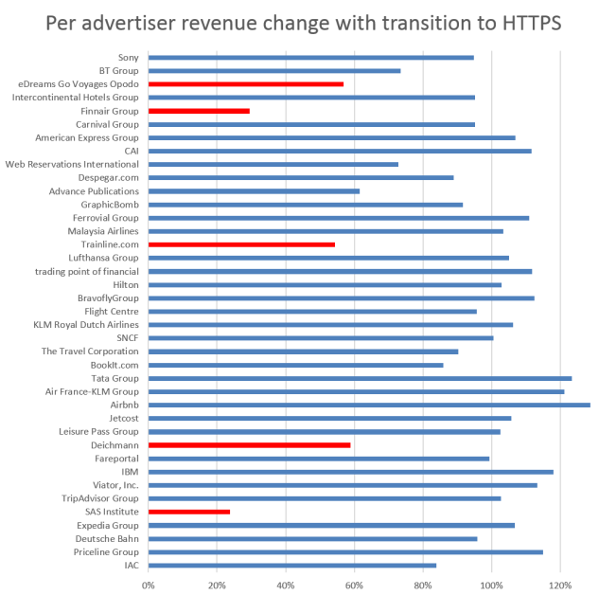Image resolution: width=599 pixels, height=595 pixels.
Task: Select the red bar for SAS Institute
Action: pyautogui.click(x=189, y=512)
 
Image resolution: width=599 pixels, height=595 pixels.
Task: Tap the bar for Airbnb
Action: pyautogui.click(x=369, y=405)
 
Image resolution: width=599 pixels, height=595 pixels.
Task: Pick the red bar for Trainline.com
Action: pyautogui.click(x=241, y=244)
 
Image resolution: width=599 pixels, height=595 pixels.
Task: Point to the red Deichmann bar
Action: pyautogui.click(x=249, y=444)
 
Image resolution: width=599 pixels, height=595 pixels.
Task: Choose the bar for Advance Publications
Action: pyautogui.click(x=254, y=191)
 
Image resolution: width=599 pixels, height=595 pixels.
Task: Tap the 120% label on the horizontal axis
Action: pyautogui.click(x=560, y=585)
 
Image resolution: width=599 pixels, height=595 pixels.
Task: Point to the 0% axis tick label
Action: pyautogui.click(x=149, y=585)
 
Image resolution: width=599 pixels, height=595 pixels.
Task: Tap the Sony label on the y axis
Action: pyautogui.click(x=128, y=58)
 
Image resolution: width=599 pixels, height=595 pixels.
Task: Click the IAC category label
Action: pyautogui.click(x=131, y=566)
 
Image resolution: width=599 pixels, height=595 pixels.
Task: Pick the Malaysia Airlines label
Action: pyautogui.click(x=103, y=231)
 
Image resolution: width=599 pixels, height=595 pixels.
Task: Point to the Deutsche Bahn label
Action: pyautogui.click(x=108, y=538)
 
